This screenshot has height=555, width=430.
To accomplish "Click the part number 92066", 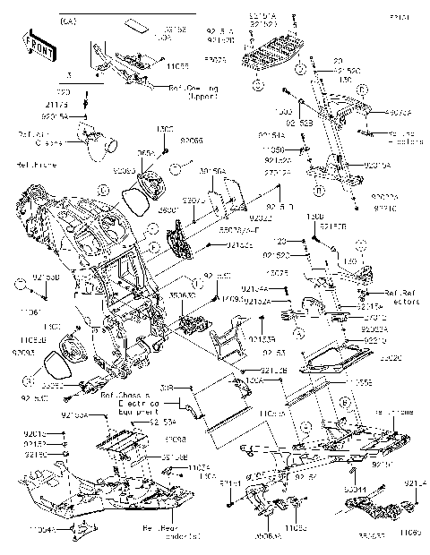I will (191, 141).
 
